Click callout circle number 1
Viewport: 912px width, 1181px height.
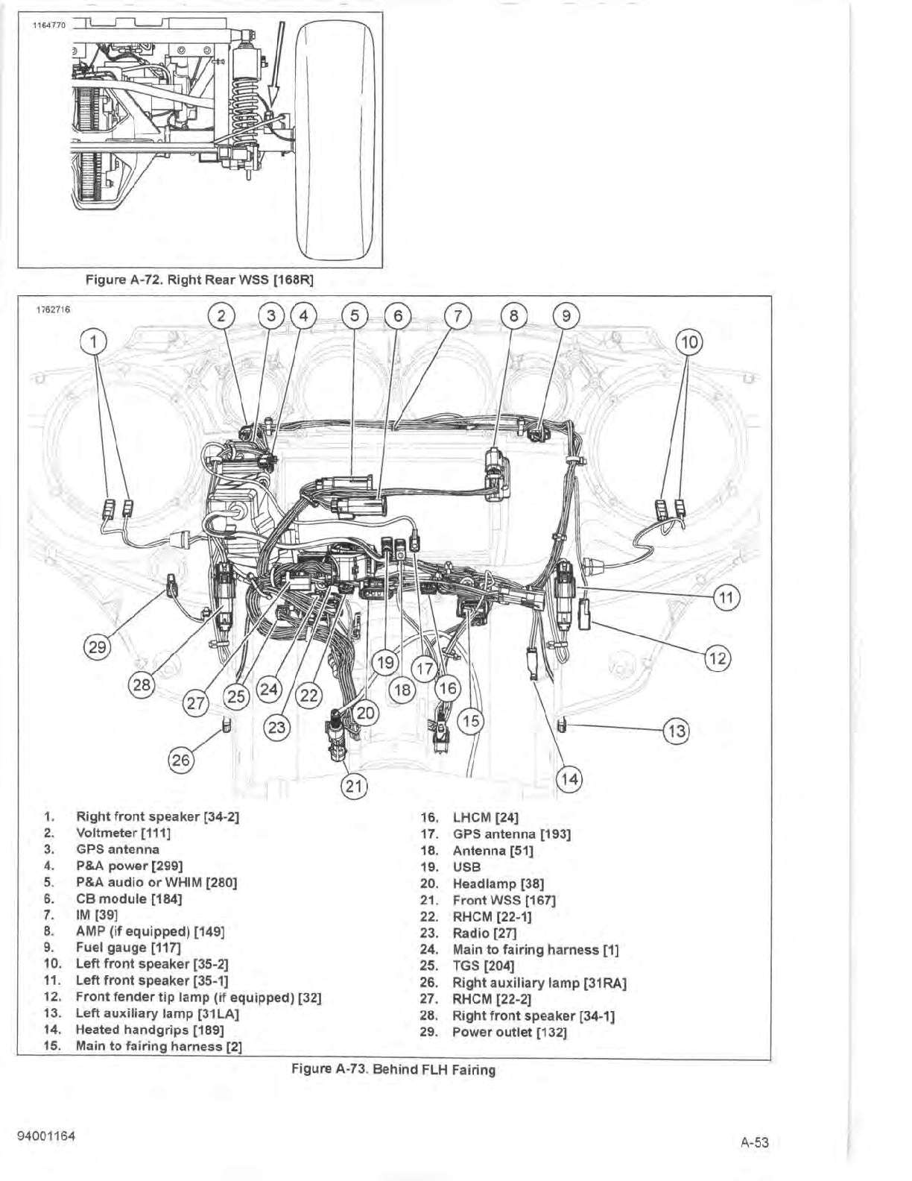(x=94, y=342)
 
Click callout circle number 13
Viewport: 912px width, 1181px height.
(x=677, y=731)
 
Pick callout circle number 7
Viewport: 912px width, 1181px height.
(x=458, y=315)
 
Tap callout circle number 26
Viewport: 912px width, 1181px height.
(x=181, y=760)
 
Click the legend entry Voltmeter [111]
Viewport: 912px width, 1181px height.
(x=123, y=833)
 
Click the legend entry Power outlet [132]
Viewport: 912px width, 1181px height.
(x=509, y=1032)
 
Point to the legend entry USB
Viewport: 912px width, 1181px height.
(x=466, y=867)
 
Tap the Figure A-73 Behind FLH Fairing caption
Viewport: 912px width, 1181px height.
(x=393, y=1070)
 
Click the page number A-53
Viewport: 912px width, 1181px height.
(x=754, y=1141)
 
